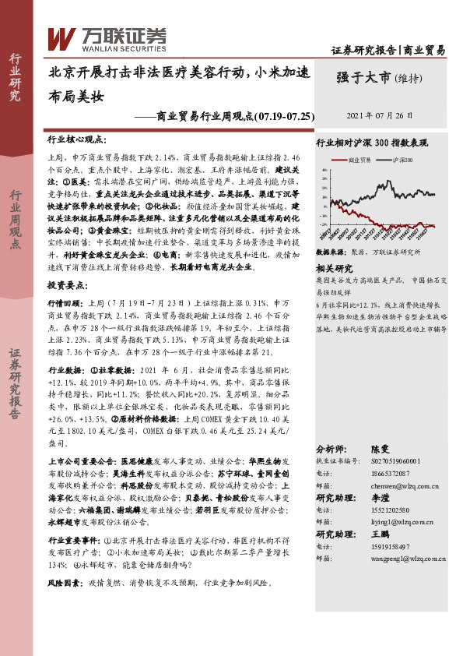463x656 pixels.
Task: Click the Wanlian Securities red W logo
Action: pyautogui.click(x=61, y=36)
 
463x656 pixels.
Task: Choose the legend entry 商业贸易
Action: pyautogui.click(x=360, y=159)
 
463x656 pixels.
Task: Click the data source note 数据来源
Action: pyautogui.click(x=329, y=253)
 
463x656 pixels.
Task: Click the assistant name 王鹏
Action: pyautogui.click(x=379, y=533)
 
